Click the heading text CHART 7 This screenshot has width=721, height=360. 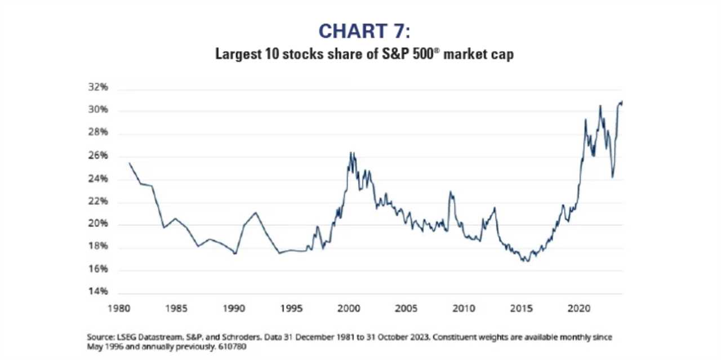360,31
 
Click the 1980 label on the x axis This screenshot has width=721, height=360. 118,309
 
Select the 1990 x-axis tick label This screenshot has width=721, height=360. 233,309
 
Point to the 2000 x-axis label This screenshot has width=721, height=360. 348,309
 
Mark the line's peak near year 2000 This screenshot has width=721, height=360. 351,153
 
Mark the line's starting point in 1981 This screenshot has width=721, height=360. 130,163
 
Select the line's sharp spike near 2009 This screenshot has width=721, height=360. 450,192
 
